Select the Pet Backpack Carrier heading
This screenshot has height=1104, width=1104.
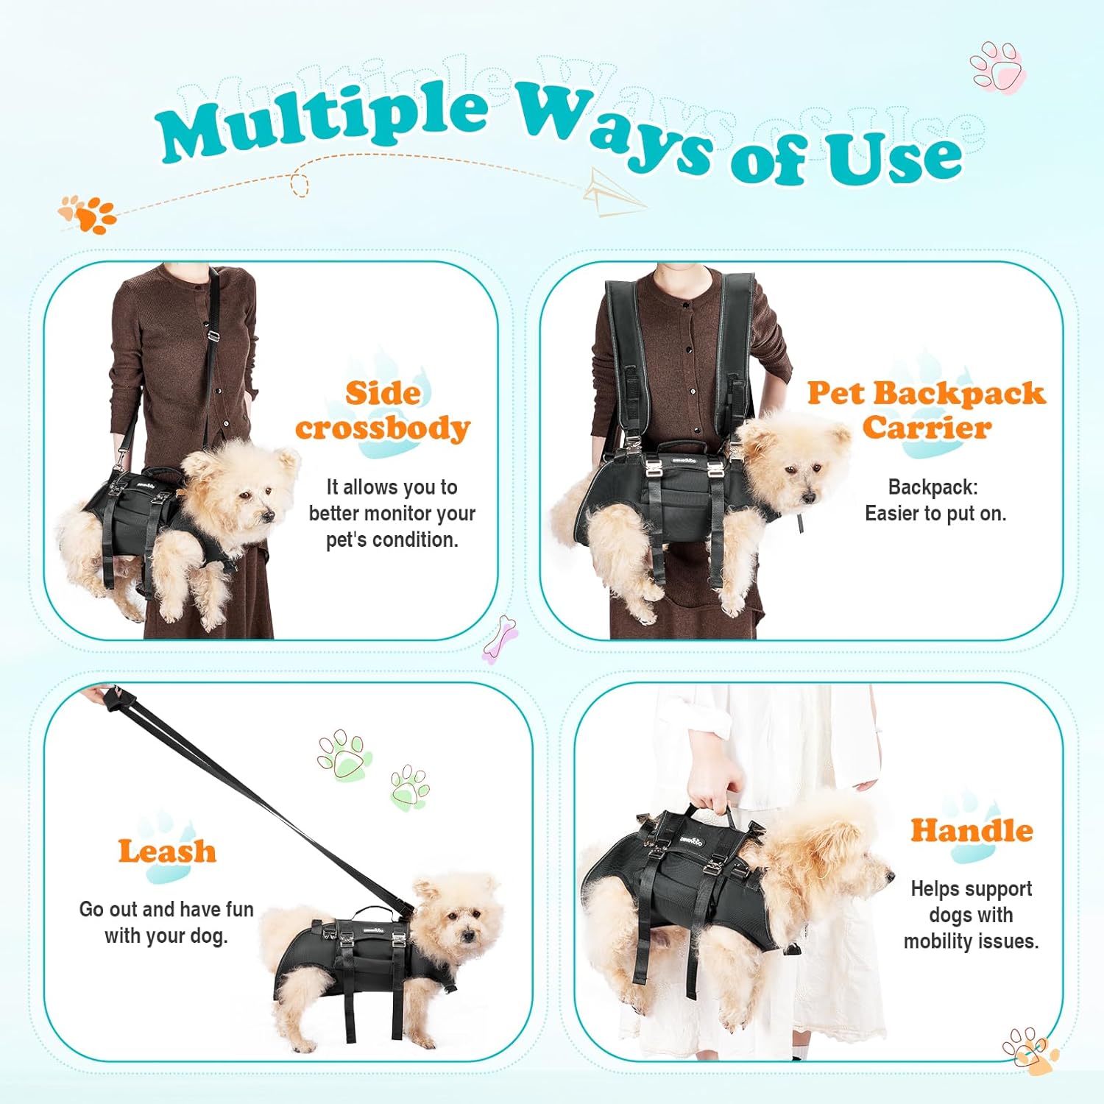(x=926, y=411)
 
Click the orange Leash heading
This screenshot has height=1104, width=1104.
(x=167, y=852)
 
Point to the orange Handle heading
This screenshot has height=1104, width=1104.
(x=972, y=830)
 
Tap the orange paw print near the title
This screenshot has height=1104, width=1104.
(x=88, y=213)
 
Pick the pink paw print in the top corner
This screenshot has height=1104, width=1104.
(x=998, y=68)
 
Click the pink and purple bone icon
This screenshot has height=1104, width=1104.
(x=500, y=638)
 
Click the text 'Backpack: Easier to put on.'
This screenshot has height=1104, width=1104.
(x=935, y=500)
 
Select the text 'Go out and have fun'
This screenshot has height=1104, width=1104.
(x=166, y=909)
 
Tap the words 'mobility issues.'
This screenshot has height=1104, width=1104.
(x=972, y=941)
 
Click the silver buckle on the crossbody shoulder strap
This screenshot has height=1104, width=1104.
(x=213, y=336)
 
